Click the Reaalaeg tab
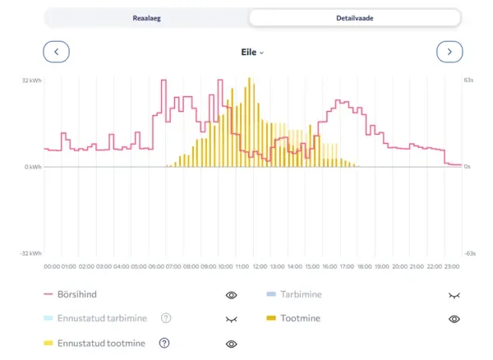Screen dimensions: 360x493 pos(147,17)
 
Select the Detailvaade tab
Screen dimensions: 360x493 pos(354,17)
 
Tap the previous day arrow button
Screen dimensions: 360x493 pos(56,52)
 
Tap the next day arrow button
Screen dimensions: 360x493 pos(449,52)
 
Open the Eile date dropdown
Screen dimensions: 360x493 pos(251,52)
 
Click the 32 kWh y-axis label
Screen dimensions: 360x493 pos(31,81)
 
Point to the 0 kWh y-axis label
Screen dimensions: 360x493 pos(33,167)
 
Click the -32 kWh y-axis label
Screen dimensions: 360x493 pos(31,253)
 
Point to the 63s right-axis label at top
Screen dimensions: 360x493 pos(469,81)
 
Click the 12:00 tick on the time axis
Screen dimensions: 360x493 pos(260,266)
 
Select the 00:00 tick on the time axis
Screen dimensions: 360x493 pos(52,266)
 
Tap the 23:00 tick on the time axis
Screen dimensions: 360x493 pos(452,266)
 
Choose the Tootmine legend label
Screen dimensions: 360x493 pos(301,318)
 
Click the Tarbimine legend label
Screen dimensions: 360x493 pos(302,294)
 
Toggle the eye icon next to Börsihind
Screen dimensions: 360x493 pos(231,294)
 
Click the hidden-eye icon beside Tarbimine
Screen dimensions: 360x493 pos(454,294)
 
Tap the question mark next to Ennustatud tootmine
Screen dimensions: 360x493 pos(164,343)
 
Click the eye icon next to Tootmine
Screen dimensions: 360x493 pos(454,318)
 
